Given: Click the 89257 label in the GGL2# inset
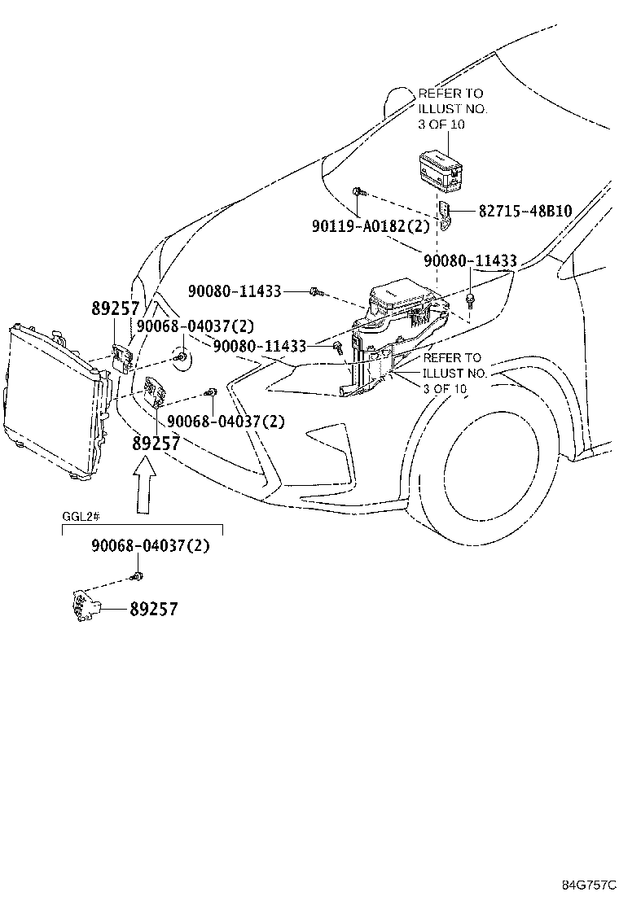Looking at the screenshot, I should (x=153, y=609).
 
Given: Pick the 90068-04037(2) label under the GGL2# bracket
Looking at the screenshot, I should (x=150, y=546).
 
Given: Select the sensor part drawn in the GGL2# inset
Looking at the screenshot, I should (x=83, y=606).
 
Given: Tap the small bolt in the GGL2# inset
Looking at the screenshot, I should (x=137, y=577).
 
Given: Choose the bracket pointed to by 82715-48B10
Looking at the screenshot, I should (x=446, y=215).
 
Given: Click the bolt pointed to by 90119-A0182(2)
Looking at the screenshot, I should (x=358, y=192).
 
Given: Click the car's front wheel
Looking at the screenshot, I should (x=489, y=467).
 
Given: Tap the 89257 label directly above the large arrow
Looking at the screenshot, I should (x=156, y=444).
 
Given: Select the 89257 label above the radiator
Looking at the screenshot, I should (x=115, y=308).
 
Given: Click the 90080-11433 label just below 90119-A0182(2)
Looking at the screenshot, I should (x=470, y=260).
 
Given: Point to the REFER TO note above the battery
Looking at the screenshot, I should (x=452, y=109).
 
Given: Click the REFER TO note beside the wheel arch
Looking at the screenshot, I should (x=454, y=373).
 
